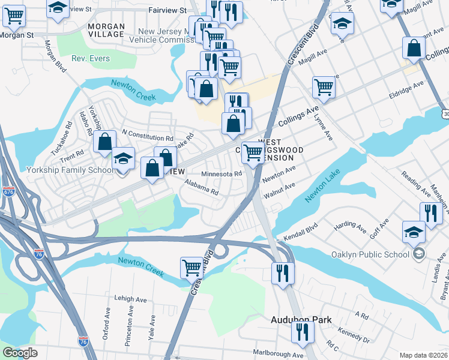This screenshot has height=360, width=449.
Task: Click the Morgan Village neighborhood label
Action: pos(106,31)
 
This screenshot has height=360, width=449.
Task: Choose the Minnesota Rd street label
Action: pos(221,174)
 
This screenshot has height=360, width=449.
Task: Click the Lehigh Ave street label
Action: pos(131,299)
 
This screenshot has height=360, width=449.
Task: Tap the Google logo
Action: pos(20,353)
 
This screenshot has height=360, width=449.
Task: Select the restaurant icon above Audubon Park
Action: pos(280,273)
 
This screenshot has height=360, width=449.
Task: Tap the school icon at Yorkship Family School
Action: pos(123,158)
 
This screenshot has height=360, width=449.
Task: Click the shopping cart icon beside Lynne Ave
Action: pos(324,87)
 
